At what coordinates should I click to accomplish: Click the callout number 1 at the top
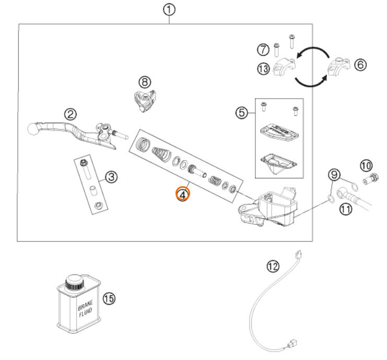[169, 10]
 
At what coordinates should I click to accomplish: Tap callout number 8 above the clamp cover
[145, 82]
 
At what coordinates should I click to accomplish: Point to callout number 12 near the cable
[273, 267]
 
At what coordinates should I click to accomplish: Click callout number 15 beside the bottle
[109, 298]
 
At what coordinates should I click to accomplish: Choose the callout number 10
[366, 165]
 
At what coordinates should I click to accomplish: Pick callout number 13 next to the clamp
[263, 69]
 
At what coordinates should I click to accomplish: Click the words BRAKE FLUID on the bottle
[86, 308]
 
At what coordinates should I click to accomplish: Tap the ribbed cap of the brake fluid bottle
[75, 283]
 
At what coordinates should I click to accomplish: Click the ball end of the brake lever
[32, 129]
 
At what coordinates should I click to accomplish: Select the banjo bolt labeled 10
[371, 178]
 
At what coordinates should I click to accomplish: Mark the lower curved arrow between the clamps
[311, 84]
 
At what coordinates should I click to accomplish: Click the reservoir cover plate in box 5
[279, 133]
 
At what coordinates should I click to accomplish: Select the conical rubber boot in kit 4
[162, 154]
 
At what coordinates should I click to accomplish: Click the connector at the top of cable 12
[299, 254]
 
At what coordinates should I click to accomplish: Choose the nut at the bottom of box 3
[99, 205]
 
